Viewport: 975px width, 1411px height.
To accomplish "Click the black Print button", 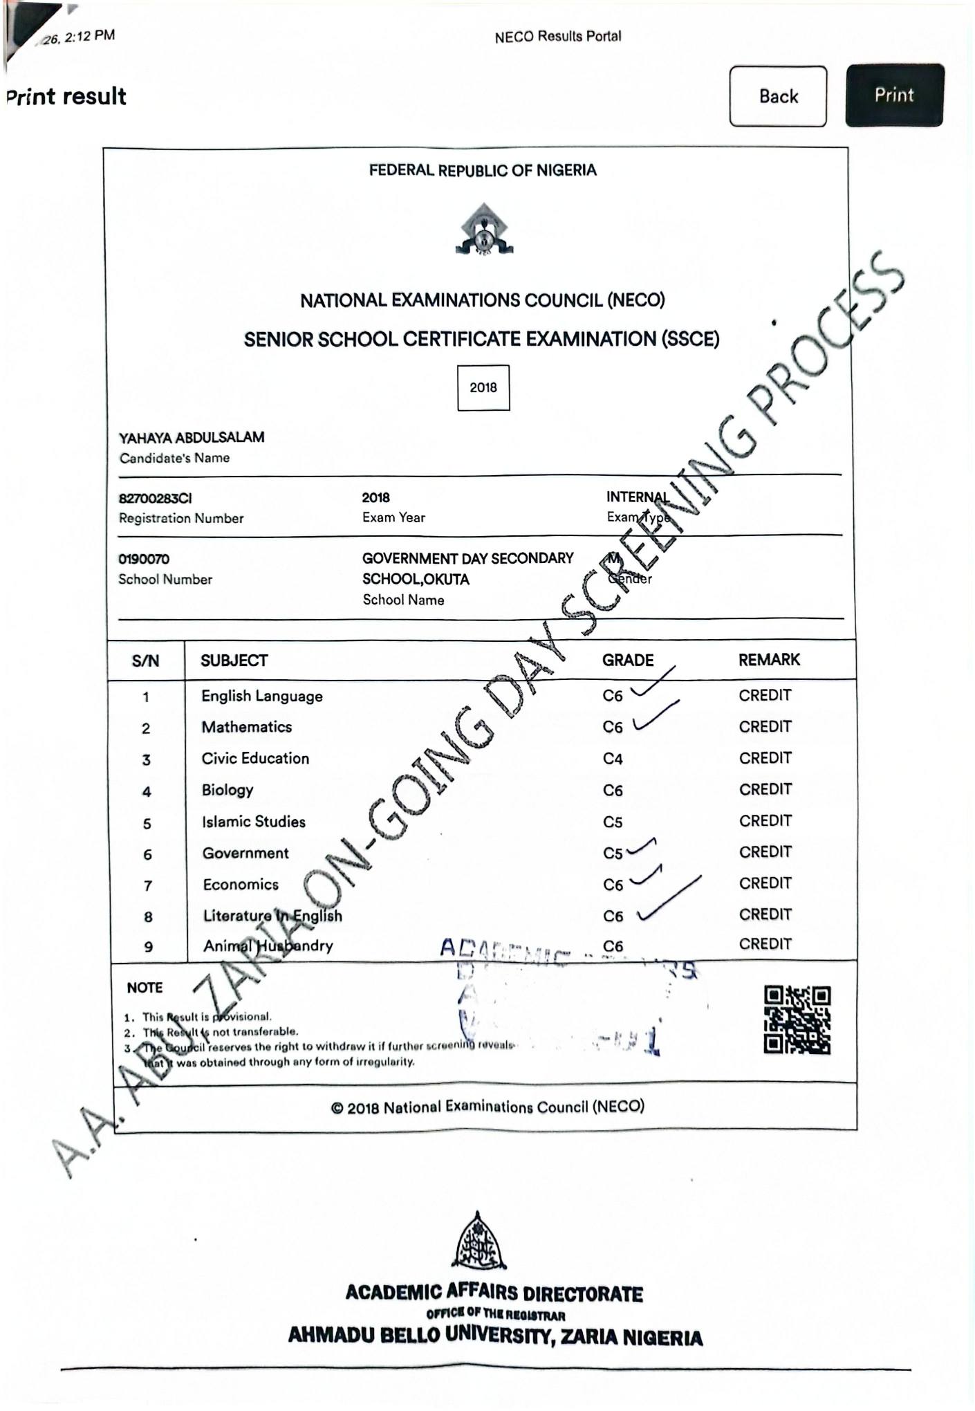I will pos(894,95).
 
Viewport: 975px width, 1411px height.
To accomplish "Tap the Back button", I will pos(778,96).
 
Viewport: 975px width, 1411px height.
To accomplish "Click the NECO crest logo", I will pos(483,230).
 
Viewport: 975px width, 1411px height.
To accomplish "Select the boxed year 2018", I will pos(483,387).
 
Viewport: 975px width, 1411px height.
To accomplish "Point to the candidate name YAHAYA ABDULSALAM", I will pos(192,437).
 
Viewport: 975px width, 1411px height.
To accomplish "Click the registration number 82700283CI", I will pos(156,498).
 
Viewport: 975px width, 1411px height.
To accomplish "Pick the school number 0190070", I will pos(144,559).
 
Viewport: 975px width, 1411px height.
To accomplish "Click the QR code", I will pos(797,1020).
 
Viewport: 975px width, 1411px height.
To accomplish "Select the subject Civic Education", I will pos(255,758).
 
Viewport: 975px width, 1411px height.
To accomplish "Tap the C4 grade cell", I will pos(613,759).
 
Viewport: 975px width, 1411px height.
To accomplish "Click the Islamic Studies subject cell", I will pos(254,822).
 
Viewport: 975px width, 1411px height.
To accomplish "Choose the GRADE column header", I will pos(627,660).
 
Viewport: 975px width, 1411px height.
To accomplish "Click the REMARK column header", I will pos(769,659).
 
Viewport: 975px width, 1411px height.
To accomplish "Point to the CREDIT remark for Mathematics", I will pos(765,726).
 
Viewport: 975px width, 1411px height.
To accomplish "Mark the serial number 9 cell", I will pos(148,947).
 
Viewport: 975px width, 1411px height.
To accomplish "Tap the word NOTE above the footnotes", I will pos(145,988).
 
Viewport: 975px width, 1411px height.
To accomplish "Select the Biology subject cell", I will pos(228,790).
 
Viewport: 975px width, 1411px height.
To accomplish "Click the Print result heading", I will pos(66,96).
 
